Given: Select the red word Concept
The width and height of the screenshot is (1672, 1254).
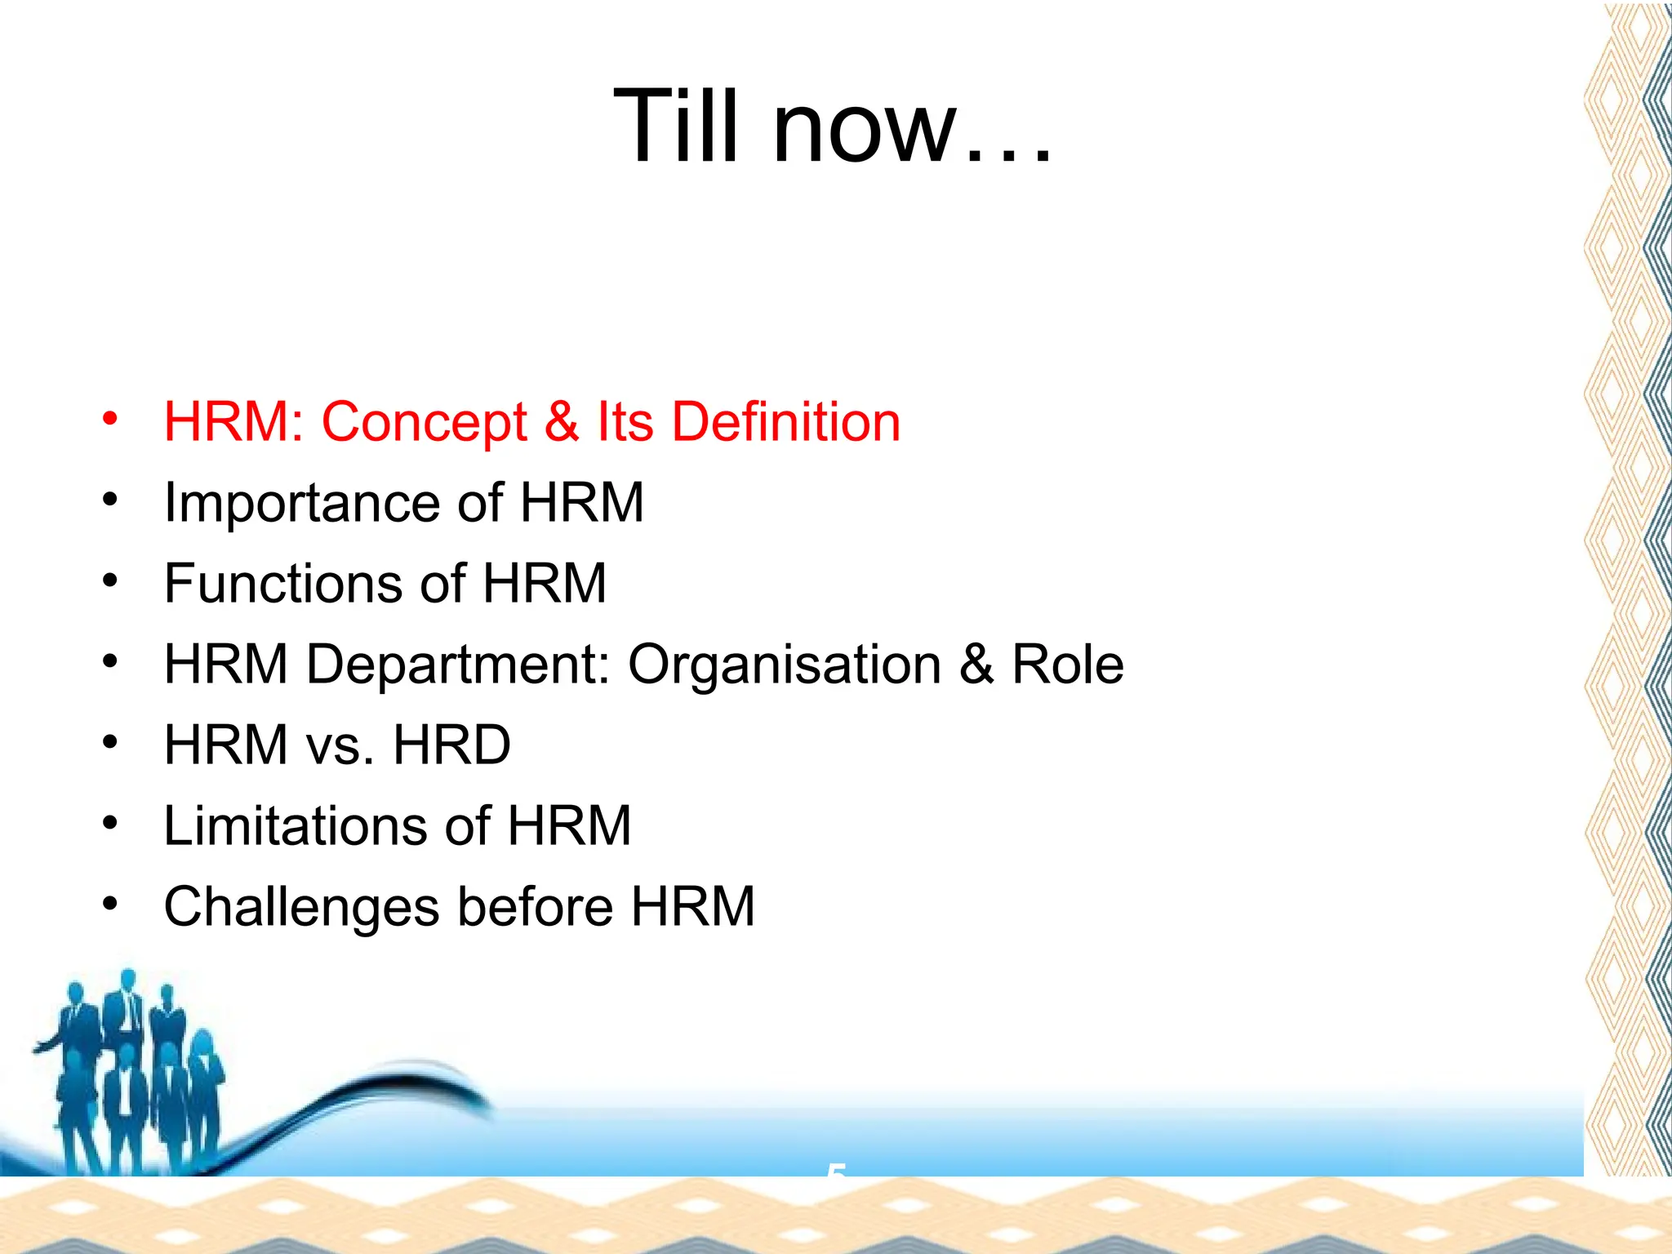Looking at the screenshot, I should point(424,422).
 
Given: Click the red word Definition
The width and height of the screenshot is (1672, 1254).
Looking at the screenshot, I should point(785,422).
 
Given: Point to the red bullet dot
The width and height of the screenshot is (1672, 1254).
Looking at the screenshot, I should point(110,420).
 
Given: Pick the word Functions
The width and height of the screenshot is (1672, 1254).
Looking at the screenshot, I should point(282,584).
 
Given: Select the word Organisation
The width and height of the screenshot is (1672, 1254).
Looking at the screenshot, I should point(784,665).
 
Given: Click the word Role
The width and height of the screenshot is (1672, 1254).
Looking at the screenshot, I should point(1068,665).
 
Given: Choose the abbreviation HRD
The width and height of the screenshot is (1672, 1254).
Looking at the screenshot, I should point(451,745).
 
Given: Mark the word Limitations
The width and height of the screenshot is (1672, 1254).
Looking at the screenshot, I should point(296,826).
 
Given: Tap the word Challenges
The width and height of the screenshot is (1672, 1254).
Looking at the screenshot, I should point(301,908).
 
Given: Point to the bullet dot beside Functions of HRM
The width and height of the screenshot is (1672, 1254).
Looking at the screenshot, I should point(110,581).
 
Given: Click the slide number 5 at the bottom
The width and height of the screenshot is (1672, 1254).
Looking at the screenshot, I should point(836,1171).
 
